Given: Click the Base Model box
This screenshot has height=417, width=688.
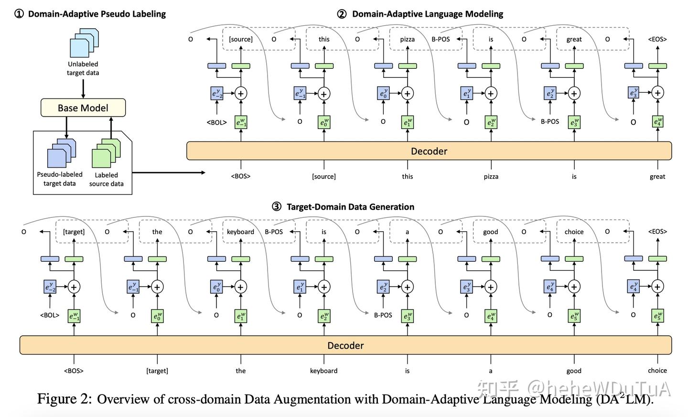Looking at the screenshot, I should click(x=83, y=108).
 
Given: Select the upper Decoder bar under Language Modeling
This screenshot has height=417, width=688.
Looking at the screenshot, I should click(x=429, y=151).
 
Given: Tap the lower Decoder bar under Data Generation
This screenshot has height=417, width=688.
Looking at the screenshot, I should click(x=345, y=345).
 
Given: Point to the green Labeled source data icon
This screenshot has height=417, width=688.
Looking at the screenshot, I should click(x=106, y=153).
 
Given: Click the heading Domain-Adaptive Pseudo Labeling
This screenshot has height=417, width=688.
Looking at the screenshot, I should click(x=97, y=14).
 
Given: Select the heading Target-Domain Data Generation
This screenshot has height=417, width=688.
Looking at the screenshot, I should click(x=350, y=207).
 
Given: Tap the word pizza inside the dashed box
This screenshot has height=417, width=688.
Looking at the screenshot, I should click(x=407, y=39).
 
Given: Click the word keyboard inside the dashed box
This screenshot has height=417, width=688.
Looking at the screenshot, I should click(x=240, y=232).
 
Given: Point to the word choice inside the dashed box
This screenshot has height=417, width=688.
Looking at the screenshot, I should click(x=574, y=232).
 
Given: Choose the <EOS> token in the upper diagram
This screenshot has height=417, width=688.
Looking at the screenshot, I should click(x=657, y=39).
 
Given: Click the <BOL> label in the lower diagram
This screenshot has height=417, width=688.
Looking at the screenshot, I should click(x=50, y=315).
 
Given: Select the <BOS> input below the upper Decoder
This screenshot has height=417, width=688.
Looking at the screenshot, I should click(x=241, y=176).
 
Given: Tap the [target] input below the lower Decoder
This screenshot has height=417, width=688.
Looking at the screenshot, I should click(x=157, y=371).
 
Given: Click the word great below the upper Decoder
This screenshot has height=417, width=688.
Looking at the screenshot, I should click(x=657, y=176).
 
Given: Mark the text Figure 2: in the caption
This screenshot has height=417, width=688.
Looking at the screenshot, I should click(x=64, y=399).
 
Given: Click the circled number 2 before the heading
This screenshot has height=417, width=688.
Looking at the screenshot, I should click(x=342, y=14).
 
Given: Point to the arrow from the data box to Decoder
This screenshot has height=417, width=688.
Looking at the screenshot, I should click(x=168, y=172).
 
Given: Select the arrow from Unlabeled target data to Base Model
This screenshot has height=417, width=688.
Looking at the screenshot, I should click(x=83, y=89).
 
